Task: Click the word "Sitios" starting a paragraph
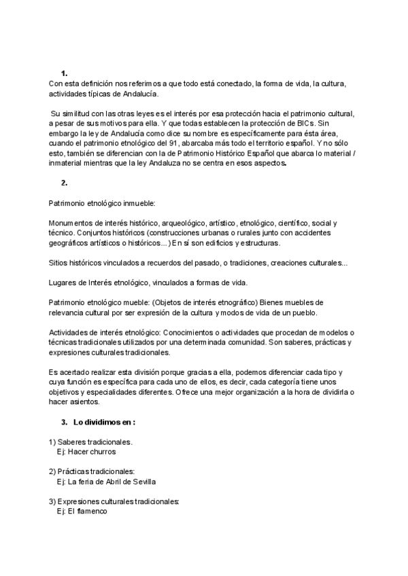(60, 262)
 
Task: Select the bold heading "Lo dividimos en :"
(105, 422)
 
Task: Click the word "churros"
(102, 452)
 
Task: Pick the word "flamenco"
(92, 511)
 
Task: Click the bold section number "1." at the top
(64, 73)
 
